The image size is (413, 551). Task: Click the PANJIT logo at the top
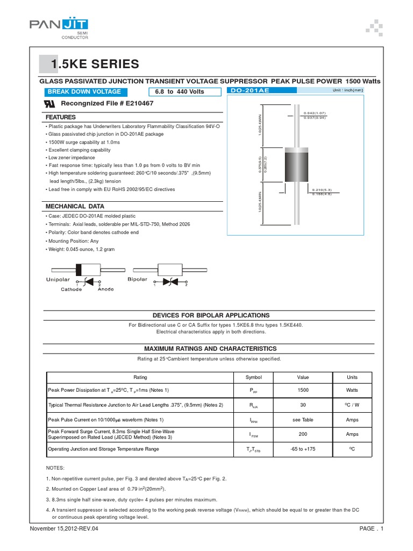[59, 25]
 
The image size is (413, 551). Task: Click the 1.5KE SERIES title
[95, 65]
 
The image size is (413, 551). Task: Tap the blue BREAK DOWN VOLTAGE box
[85, 91]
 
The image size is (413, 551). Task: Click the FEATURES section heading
[60, 117]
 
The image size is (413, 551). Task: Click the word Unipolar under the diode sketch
[57, 280]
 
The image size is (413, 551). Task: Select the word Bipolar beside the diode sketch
[137, 280]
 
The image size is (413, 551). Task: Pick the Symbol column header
[253, 377]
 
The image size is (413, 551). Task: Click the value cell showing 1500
[303, 390]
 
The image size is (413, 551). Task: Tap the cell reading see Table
[303, 419]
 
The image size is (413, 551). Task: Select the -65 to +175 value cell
[303, 449]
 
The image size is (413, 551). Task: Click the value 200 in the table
[303, 434]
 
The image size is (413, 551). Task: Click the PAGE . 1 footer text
[371, 529]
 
